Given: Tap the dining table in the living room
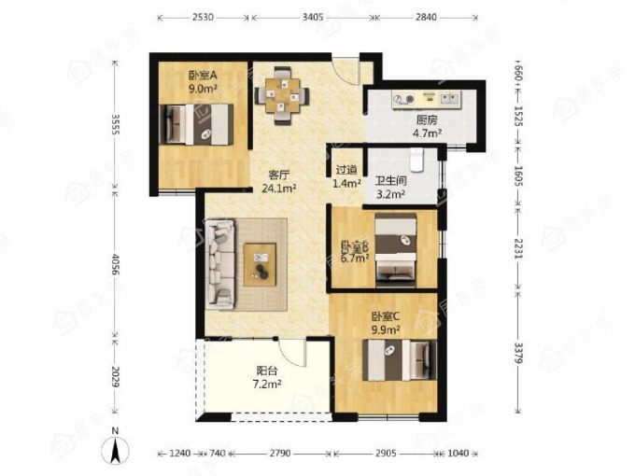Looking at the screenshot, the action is pos(282,95).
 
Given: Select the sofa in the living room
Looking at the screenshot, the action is pos(219,265).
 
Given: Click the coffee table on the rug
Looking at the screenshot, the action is pos(260,265).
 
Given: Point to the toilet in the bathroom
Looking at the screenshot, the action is pos(416,160).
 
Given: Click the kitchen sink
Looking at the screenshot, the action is pos(450,99).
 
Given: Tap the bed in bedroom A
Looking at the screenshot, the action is pos(196,124).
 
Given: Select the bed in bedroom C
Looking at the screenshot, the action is pos(400,360).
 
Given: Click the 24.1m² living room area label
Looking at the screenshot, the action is pos(279,189).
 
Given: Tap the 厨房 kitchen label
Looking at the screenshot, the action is pos(427,120).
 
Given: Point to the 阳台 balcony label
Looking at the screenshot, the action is pos(267,371).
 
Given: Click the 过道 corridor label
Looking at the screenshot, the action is pos(346,170).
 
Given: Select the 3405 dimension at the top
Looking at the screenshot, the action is pos(313,17).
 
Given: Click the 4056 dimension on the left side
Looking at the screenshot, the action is pos(115,265).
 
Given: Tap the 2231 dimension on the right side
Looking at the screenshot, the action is pos(518,249).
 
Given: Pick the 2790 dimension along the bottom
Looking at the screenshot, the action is pos(280,453).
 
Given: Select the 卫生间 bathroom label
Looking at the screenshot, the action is pos(390,181).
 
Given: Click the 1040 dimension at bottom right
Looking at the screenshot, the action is pos(459,453).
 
